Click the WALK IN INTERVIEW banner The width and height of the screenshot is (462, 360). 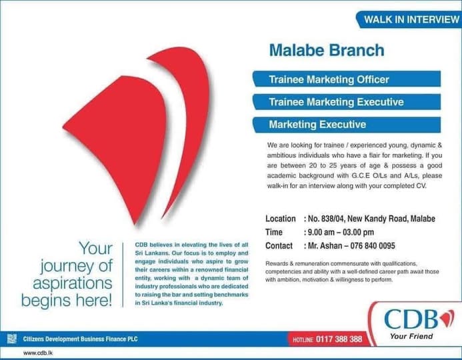click(x=410, y=19)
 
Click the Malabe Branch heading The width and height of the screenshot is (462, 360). click(x=326, y=50)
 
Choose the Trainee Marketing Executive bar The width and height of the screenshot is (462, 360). click(x=335, y=102)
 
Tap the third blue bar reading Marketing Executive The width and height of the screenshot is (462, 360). click(x=317, y=125)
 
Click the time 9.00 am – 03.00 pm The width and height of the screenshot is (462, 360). click(x=340, y=232)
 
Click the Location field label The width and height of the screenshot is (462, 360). click(x=280, y=219)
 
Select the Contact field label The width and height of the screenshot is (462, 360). click(x=279, y=245)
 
